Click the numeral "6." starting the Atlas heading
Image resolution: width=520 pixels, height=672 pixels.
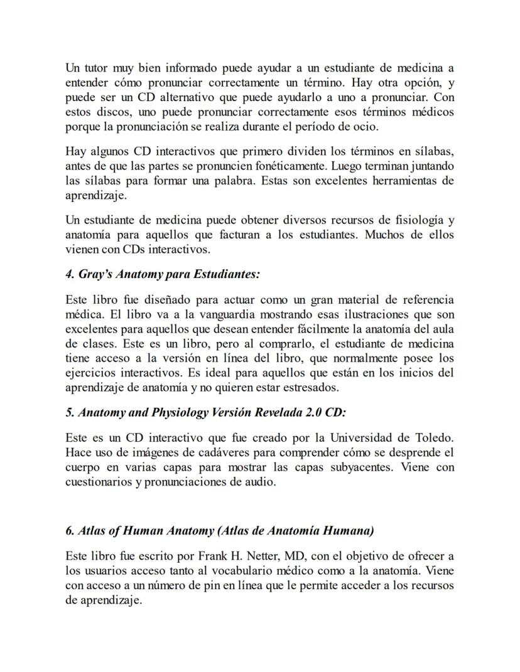pos(70,530)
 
